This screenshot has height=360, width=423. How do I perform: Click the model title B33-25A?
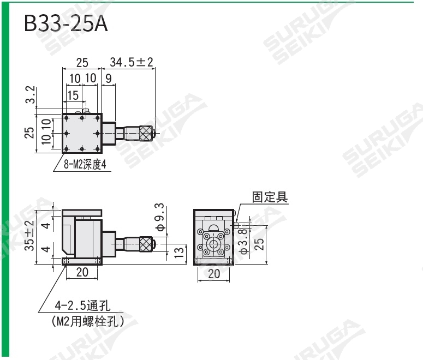[66, 23]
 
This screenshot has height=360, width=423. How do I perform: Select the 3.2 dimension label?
[31, 95]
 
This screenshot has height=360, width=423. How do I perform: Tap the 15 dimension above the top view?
[73, 96]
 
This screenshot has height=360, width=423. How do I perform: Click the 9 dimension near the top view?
[108, 79]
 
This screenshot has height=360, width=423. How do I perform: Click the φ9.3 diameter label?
[159, 217]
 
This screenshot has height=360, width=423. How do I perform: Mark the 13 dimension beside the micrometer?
[178, 252]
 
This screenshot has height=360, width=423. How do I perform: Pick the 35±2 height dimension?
[29, 235]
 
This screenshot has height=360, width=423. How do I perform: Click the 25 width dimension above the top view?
[82, 62]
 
